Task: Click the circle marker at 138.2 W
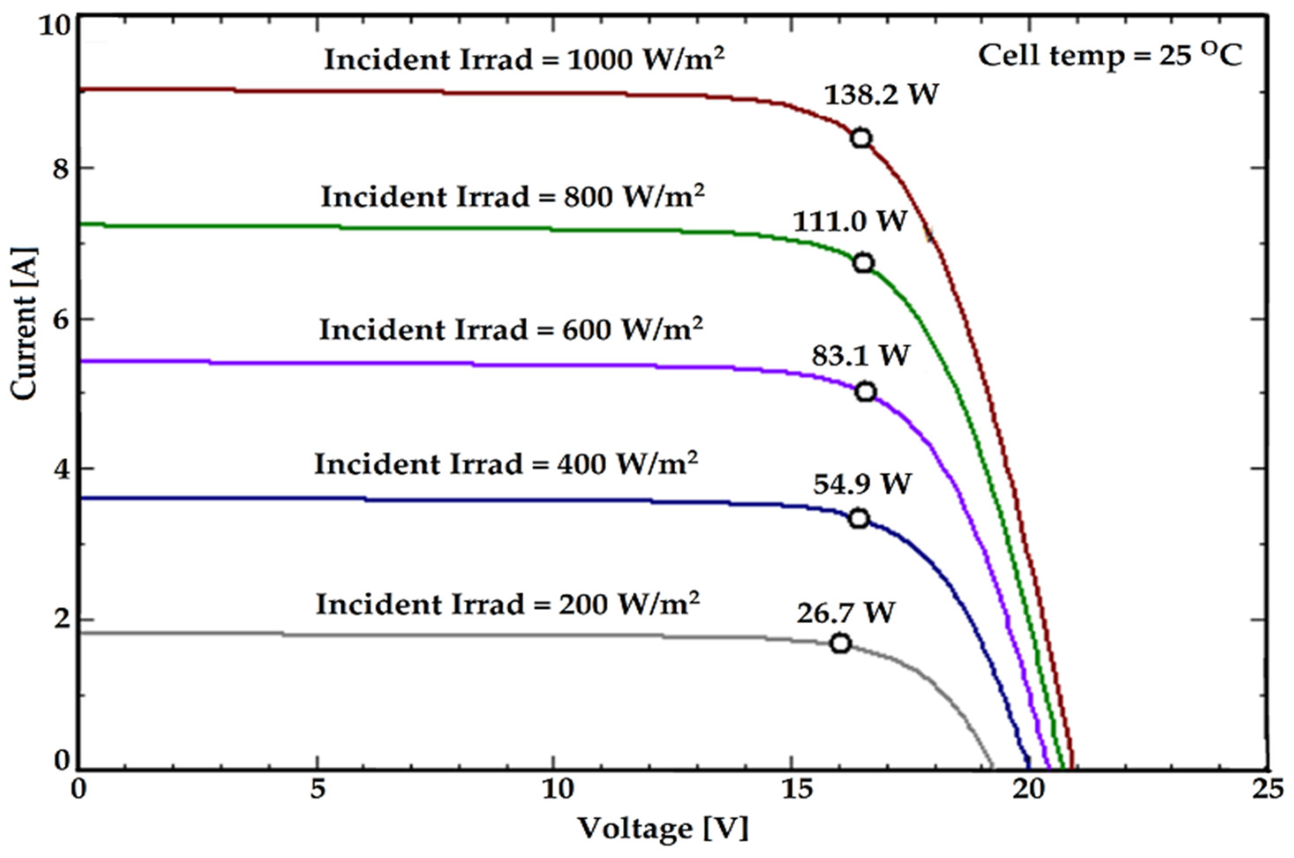(861, 138)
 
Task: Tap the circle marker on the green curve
(863, 263)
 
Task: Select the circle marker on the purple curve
(865, 392)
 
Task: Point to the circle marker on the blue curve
(859, 518)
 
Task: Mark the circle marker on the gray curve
(841, 644)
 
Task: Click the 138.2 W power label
(881, 95)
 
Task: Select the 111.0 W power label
(850, 221)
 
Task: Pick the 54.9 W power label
(861, 484)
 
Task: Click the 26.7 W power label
(845, 612)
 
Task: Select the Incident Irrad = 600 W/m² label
(511, 330)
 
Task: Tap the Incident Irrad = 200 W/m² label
(508, 604)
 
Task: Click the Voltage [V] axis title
(663, 828)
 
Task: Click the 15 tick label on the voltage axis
(791, 790)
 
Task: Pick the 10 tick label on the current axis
(54, 26)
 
